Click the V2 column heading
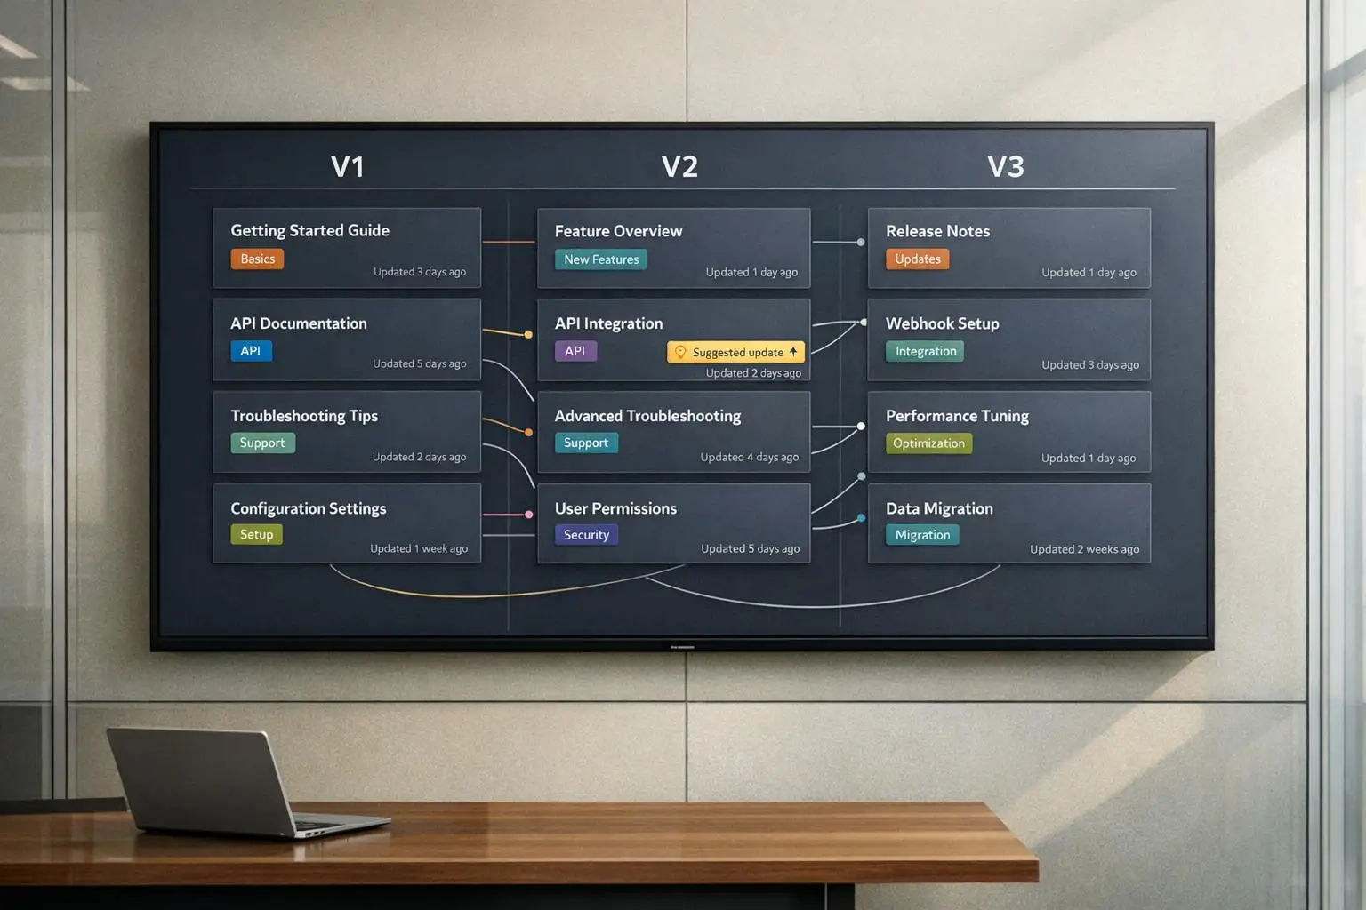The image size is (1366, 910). click(x=679, y=166)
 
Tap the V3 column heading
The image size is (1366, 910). click(x=1005, y=166)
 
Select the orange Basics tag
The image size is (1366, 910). click(x=257, y=259)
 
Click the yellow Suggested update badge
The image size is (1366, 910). click(x=736, y=352)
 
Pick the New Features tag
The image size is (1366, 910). click(x=601, y=259)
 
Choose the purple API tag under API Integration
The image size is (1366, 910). click(x=575, y=351)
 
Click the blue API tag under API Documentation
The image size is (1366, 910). click(x=251, y=351)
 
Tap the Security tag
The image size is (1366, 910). click(x=586, y=535)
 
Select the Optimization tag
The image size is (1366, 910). click(x=928, y=443)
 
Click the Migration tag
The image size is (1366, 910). click(x=922, y=535)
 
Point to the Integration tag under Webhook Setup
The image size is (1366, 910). click(x=926, y=351)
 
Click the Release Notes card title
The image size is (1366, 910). click(x=937, y=231)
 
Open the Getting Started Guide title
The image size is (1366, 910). click(x=309, y=230)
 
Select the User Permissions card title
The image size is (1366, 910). click(x=615, y=508)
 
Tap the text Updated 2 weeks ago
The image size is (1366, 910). click(x=1084, y=549)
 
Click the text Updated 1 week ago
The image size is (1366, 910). click(x=419, y=548)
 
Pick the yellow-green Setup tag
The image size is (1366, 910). click(x=256, y=534)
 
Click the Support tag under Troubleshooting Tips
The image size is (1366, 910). click(x=262, y=443)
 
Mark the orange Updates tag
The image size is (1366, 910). click(x=917, y=259)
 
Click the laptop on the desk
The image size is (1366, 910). click(x=231, y=782)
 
